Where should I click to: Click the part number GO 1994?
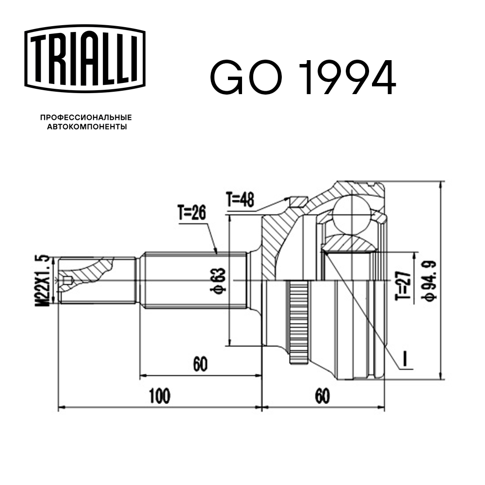[303, 78]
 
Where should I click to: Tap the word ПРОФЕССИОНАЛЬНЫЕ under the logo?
[86, 117]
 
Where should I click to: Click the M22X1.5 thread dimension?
[44, 280]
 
